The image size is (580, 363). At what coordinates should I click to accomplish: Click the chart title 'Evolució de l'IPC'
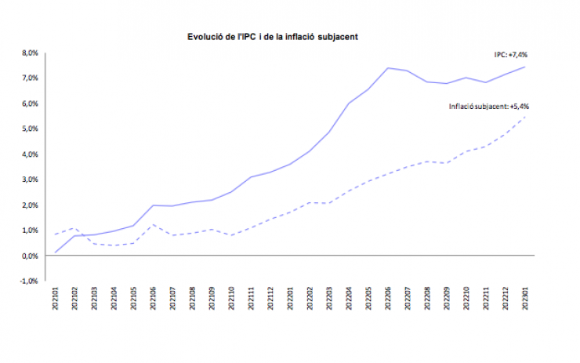(273, 37)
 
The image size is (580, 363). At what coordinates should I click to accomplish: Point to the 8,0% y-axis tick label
(29, 53)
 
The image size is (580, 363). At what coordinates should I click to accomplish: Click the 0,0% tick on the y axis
(29, 256)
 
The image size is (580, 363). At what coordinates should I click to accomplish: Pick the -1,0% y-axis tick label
(28, 281)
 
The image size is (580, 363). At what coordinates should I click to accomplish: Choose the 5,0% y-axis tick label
(29, 129)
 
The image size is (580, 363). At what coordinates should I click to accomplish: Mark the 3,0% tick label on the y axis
(29, 180)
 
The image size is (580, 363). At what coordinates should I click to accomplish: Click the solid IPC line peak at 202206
(389, 68)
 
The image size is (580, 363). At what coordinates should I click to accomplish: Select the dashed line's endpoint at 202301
(524, 118)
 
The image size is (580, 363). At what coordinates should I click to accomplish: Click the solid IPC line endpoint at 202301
(524, 67)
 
